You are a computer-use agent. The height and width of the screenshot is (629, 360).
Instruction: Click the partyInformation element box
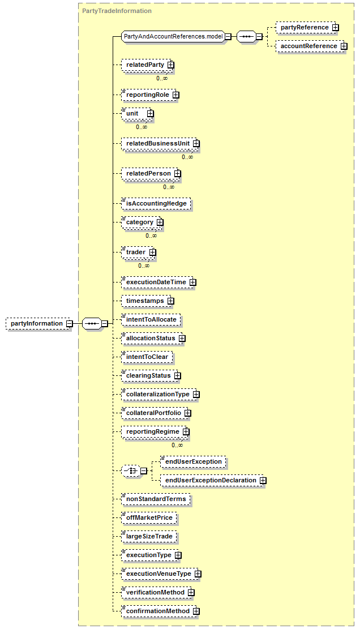[37, 324]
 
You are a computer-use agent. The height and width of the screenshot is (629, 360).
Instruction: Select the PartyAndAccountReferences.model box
[173, 37]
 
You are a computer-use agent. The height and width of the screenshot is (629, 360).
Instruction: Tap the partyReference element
[305, 27]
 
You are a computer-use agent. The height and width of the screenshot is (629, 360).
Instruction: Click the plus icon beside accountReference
[344, 46]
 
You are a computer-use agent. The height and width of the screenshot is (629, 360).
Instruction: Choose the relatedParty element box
[145, 65]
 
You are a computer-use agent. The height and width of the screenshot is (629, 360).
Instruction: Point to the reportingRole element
[148, 95]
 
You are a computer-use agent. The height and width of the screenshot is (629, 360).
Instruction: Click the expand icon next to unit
[150, 114]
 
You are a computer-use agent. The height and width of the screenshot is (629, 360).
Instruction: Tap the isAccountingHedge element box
[156, 203]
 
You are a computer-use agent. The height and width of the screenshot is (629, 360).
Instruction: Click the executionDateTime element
[156, 282]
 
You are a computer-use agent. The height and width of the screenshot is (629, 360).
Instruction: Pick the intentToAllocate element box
[151, 320]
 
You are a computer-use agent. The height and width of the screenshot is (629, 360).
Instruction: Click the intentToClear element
[147, 357]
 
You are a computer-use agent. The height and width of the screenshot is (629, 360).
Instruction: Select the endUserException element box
[194, 462]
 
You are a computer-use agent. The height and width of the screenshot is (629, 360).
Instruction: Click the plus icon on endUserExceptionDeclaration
[263, 481]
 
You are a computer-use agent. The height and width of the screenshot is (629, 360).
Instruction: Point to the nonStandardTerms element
[156, 499]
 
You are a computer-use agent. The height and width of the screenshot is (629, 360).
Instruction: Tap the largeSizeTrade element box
[149, 536]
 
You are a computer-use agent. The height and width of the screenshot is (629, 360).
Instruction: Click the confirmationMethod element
[157, 611]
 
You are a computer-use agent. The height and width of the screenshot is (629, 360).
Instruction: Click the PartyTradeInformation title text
[117, 11]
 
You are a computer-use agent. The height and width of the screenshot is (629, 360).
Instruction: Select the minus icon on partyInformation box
[69, 324]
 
